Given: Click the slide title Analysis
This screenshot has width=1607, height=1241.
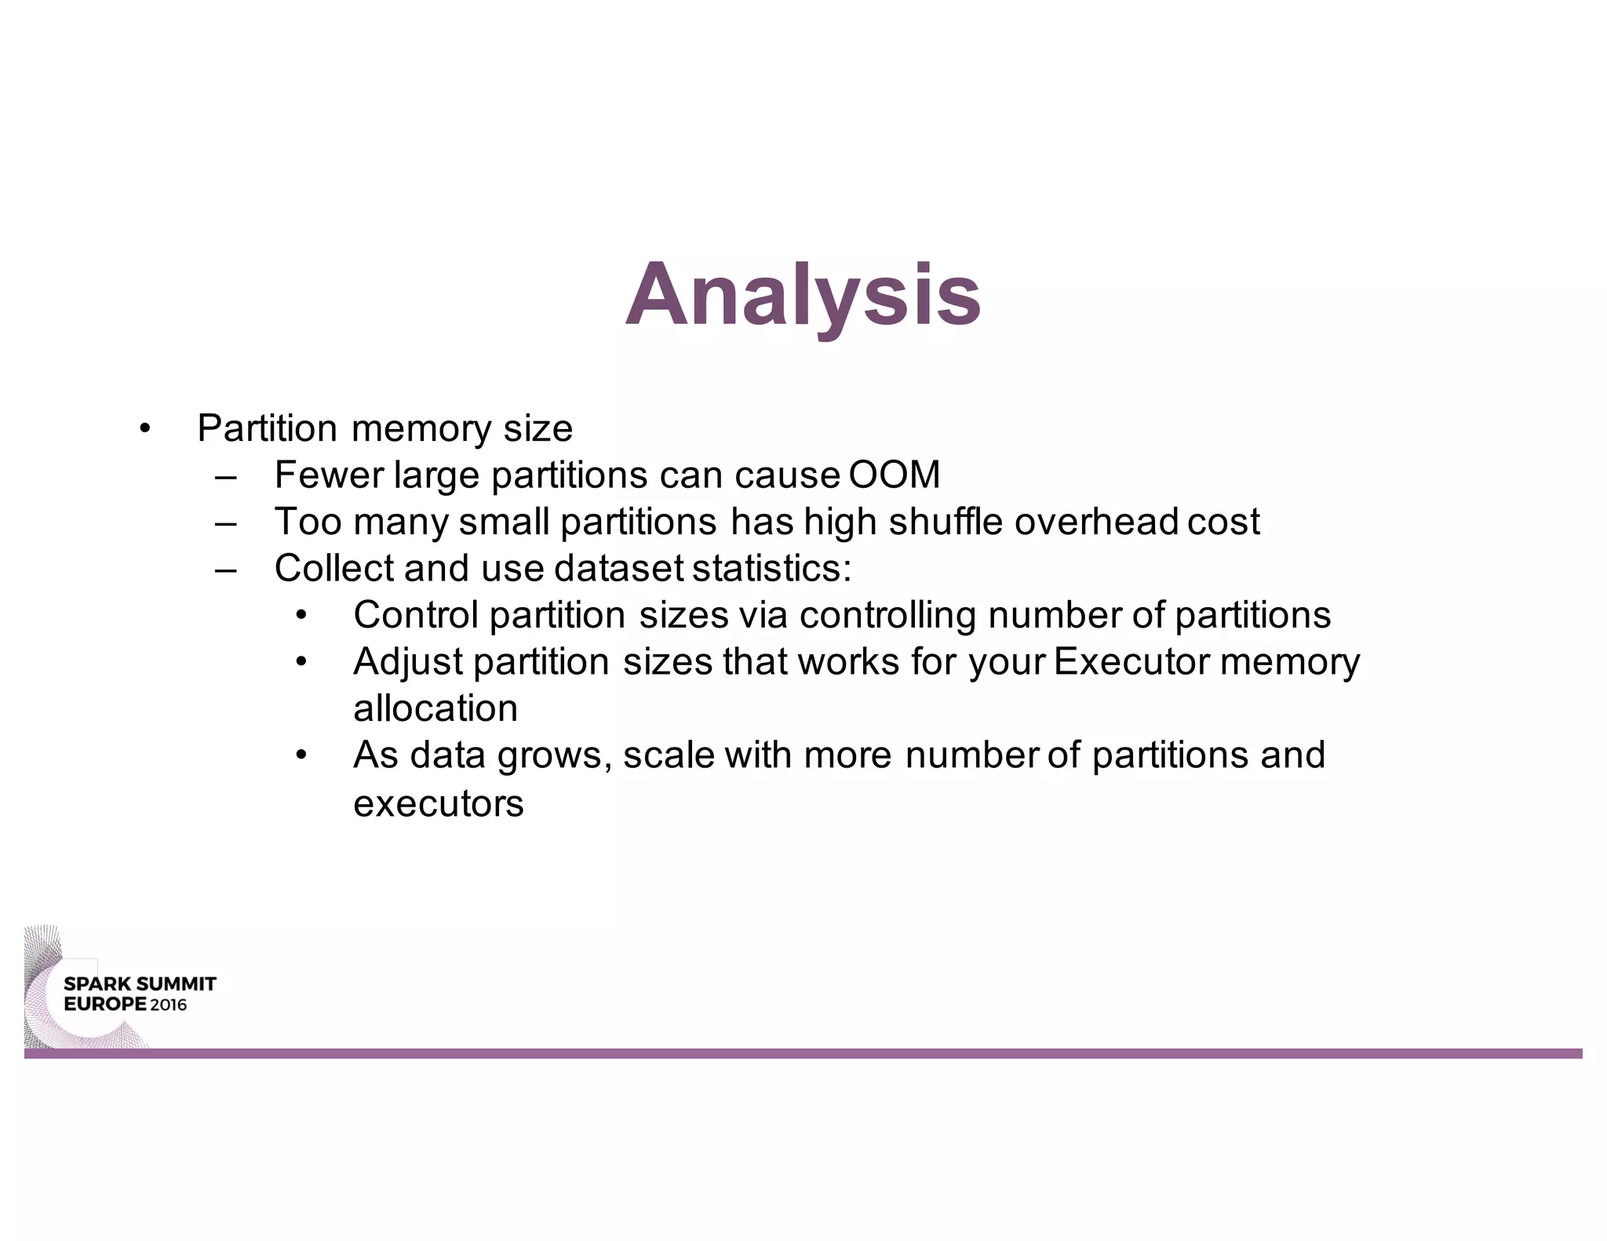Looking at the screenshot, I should coord(803,296).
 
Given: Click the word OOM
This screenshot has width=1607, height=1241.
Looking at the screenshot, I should coord(894,475).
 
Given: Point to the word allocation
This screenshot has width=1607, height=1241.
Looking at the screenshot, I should coord(435,708).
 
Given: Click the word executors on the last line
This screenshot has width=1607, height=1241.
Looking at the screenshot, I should coord(438,803).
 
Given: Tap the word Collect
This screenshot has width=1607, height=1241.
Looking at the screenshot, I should coord(334,568).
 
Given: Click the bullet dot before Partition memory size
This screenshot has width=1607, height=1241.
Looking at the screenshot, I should coord(144,429).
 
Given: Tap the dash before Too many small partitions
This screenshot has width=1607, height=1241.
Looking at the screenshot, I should coord(226,522).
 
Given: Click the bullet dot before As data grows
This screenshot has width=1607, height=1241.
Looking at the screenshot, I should coord(301,756).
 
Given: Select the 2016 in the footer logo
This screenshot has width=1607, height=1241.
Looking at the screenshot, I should coord(169,1005).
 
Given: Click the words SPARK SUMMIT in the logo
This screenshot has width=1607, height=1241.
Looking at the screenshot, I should coord(140,984).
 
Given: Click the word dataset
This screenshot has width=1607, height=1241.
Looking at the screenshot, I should coord(619,568).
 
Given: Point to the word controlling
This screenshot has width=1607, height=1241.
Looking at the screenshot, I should coord(887,615).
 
